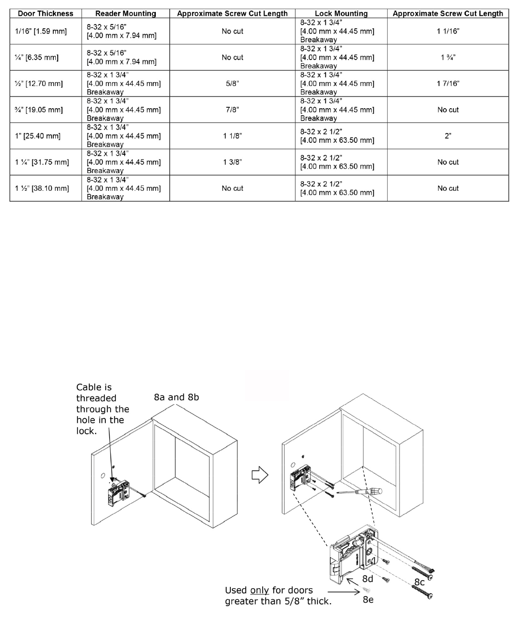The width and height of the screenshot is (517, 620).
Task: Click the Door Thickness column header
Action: (45, 13)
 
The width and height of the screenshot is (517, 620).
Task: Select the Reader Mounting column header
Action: (126, 13)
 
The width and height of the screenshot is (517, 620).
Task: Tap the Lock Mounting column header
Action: (341, 13)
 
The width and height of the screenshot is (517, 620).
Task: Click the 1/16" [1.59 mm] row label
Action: (41, 31)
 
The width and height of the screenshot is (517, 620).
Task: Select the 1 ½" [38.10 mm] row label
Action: (42, 188)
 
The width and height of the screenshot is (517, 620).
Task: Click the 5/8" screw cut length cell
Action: (232, 84)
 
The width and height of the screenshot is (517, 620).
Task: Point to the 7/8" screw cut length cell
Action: (232, 110)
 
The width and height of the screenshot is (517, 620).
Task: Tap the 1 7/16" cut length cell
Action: (448, 84)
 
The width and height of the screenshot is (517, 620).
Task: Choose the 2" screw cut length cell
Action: (448, 136)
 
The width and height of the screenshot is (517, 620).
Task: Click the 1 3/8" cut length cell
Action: (232, 162)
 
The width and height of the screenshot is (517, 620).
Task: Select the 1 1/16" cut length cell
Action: (448, 31)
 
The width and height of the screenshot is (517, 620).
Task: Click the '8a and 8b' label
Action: (176, 397)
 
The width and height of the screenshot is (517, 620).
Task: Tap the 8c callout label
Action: (419, 582)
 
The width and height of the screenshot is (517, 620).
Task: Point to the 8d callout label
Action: (368, 579)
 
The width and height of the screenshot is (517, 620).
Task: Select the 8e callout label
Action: (368, 599)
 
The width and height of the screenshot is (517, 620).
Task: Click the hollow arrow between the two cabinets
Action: (260, 475)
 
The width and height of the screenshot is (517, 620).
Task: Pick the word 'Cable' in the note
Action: (89, 387)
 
